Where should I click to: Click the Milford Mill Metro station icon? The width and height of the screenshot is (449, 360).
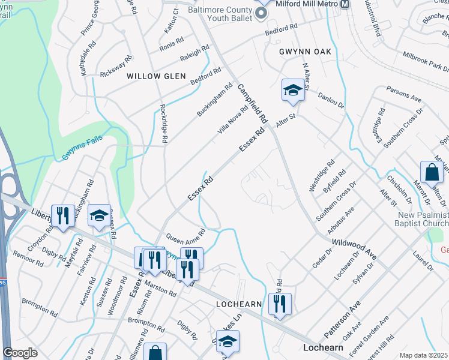pyautogui.click(x=345, y=4)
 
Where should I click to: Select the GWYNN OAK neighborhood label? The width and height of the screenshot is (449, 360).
pyautogui.click(x=305, y=52)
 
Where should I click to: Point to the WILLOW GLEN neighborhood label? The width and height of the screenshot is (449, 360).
pyautogui.click(x=152, y=76)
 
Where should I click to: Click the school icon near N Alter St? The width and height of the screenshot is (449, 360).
pyautogui.click(x=293, y=91)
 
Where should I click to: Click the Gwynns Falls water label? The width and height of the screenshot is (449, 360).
pyautogui.click(x=83, y=148)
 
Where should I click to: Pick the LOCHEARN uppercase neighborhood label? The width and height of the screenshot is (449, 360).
pyautogui.click(x=239, y=305)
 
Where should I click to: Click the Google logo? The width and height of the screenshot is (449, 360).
pyautogui.click(x=20, y=353)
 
